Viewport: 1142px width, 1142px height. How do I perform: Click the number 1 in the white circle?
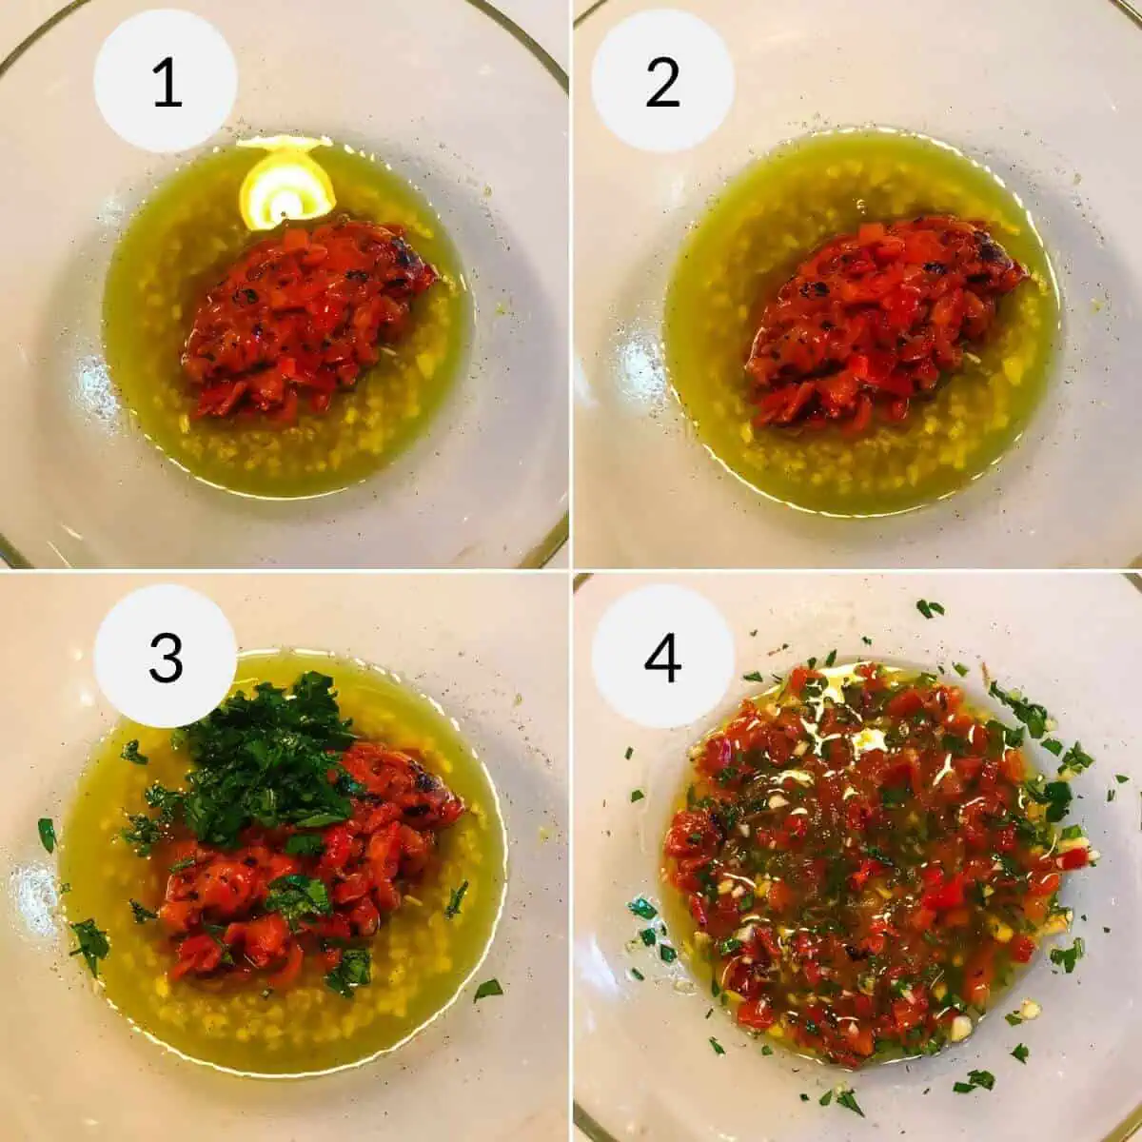[167, 84]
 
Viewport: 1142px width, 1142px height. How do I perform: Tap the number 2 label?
[662, 84]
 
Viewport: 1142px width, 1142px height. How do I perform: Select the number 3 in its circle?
[167, 658]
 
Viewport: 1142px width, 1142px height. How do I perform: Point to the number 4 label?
[662, 658]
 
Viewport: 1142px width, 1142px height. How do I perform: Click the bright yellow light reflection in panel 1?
[286, 183]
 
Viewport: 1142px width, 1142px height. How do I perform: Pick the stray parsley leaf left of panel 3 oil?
[47, 835]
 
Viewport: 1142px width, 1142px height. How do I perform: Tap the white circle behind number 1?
[166, 80]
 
